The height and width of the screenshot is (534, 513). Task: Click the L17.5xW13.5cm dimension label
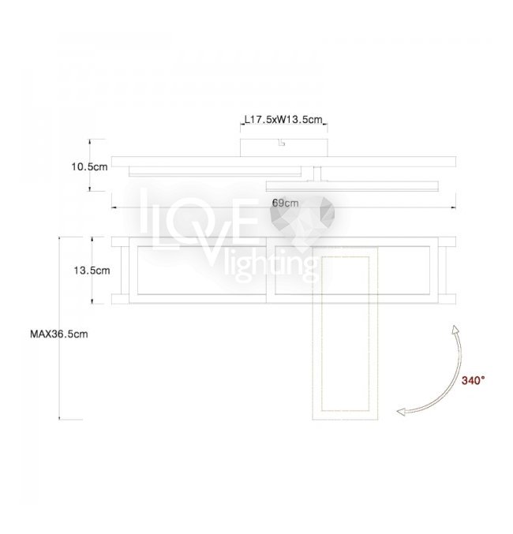point(283,120)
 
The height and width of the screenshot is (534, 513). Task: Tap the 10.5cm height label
point(89,167)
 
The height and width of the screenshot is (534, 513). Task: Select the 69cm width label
point(285,203)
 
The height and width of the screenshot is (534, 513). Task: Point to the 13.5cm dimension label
point(92,271)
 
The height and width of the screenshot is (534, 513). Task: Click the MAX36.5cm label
point(59,334)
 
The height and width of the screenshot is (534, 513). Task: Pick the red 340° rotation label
point(473,380)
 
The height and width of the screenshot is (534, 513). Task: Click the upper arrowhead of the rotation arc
point(455,330)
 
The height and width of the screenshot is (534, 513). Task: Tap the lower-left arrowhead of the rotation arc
point(402,412)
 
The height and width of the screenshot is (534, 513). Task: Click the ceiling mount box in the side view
point(284,148)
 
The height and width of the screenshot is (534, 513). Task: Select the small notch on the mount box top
point(282,142)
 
